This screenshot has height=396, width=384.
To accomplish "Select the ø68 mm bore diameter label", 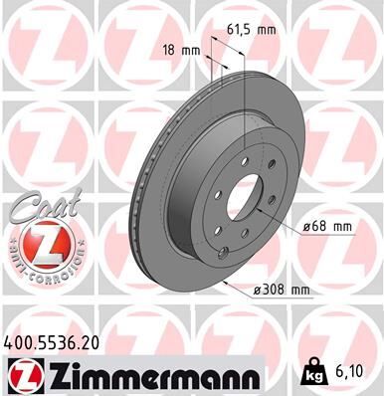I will (x=324, y=226).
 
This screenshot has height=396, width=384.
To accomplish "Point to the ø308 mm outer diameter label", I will (x=282, y=290).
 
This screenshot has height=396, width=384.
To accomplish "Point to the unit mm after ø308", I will (x=298, y=290).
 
